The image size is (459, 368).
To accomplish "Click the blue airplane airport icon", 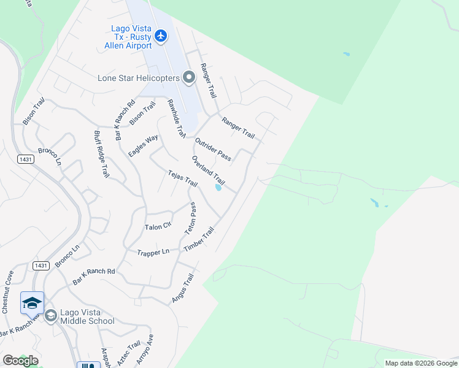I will click(161, 36).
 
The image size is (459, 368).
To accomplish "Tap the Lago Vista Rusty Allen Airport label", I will click(131, 37).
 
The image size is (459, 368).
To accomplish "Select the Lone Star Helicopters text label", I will click(139, 78).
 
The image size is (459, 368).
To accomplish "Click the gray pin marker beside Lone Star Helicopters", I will click(189, 77).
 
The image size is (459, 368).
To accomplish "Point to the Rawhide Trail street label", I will click(176, 118).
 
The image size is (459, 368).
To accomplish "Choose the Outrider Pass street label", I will click(212, 150).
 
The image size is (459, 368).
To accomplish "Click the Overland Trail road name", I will click(208, 171).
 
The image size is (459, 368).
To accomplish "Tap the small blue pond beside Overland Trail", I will click(218, 188).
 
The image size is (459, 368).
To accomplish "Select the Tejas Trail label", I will click(183, 179).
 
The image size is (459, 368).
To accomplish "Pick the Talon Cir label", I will click(158, 227).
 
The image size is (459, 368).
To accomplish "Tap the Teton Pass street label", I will click(191, 220).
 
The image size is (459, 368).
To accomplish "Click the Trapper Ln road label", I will click(153, 252).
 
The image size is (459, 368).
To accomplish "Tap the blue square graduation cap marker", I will click(32, 303).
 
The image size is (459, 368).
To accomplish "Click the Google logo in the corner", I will click(20, 360).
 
